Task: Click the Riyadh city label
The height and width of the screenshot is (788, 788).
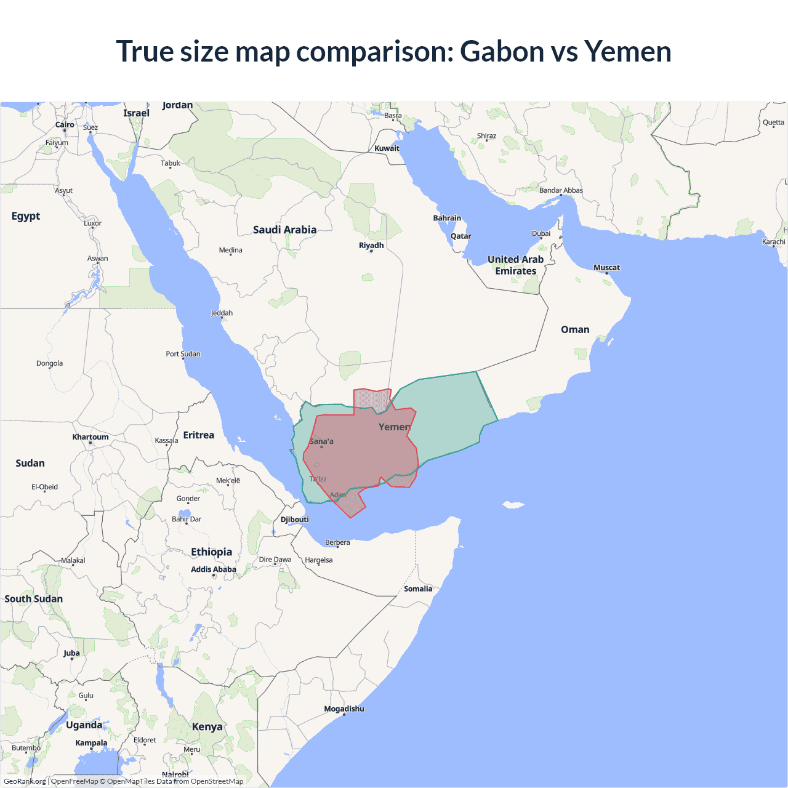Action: tap(371, 245)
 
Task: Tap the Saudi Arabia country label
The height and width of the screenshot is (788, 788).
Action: tap(284, 230)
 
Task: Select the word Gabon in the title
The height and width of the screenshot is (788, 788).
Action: tap(502, 51)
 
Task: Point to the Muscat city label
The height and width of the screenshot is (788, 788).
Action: tap(606, 267)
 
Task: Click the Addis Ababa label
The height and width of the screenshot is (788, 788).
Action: tap(213, 569)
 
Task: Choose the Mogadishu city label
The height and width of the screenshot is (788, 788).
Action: tap(344, 709)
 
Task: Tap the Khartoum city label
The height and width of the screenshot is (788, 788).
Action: tap(90, 437)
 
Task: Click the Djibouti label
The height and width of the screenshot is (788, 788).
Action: tap(294, 520)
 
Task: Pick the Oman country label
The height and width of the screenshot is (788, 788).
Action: tap(575, 329)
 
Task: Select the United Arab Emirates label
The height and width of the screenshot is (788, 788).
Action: tap(516, 265)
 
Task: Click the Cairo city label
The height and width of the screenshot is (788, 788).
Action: tap(65, 125)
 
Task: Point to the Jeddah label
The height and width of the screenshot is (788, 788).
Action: tap(222, 313)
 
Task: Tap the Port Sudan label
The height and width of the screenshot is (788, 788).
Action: tap(183, 354)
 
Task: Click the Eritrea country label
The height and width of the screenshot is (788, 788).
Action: tap(198, 435)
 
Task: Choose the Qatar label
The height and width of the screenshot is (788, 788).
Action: tap(460, 236)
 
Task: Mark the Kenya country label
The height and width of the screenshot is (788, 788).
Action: tap(207, 726)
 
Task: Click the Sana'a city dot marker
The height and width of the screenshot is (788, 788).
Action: tap(321, 447)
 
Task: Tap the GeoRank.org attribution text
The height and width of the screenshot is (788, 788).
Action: tap(25, 781)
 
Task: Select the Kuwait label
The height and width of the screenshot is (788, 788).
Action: tap(387, 148)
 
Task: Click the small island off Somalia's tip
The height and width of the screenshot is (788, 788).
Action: tap(512, 505)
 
